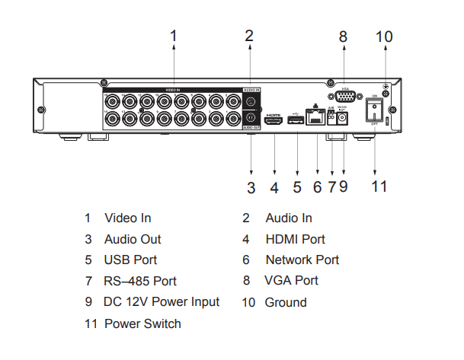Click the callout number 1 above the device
tap(174, 35)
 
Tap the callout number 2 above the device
tap(249, 35)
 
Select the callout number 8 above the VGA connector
tap(343, 35)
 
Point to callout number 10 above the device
tap(384, 35)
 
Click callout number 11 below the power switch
tap(379, 186)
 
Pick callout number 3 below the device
tap(250, 186)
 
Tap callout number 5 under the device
tap(296, 186)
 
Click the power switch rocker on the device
tap(373, 112)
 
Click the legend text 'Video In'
tap(127, 218)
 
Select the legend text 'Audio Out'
tap(133, 239)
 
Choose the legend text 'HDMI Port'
tap(295, 239)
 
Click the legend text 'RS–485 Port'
tap(140, 281)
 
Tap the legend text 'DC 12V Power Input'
tap(162, 301)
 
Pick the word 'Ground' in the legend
tap(286, 302)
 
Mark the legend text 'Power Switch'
tap(142, 323)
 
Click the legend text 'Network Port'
tap(302, 260)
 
